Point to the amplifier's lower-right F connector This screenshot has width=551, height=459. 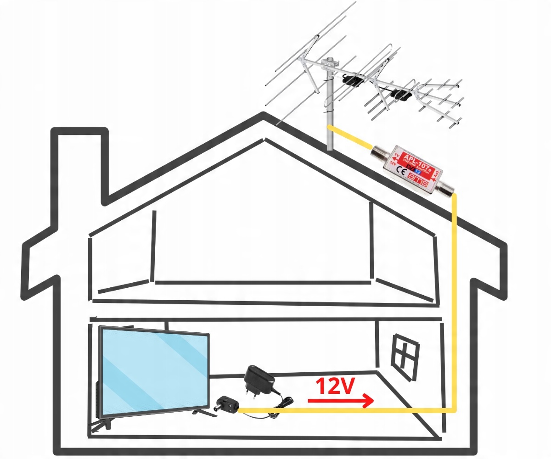pyautogui.click(x=444, y=188)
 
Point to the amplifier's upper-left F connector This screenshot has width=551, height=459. pyautogui.click(x=380, y=151)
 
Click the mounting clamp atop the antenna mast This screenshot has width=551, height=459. pyautogui.click(x=329, y=62)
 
